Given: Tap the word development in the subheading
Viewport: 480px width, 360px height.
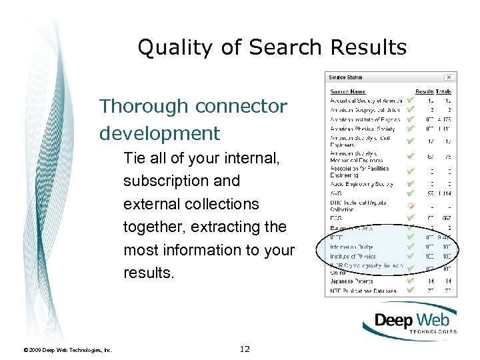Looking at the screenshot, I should click(159, 133).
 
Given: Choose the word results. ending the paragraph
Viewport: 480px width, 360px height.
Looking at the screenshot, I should click(147, 273).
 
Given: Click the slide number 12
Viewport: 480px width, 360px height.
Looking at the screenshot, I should click(245, 349).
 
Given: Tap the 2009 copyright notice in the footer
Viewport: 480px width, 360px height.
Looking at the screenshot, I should click(67, 349).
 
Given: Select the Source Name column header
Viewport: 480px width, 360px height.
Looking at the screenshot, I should click(348, 91).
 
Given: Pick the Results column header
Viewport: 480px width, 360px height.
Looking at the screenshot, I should click(424, 91).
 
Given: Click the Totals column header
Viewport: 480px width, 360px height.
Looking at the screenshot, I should click(443, 91).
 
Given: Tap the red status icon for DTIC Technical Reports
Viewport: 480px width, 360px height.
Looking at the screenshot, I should click(411, 205).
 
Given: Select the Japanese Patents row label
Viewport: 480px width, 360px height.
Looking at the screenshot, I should click(351, 281).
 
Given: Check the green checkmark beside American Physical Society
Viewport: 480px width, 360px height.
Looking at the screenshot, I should click(411, 129).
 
